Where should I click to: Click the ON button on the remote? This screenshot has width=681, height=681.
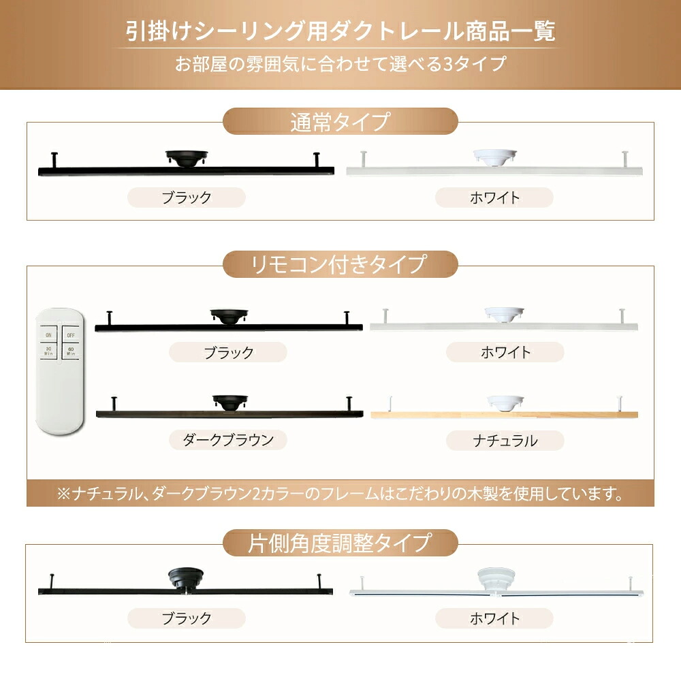click(48, 334)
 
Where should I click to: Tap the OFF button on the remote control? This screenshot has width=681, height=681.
click(71, 334)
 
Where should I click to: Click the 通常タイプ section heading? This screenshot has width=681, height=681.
click(340, 121)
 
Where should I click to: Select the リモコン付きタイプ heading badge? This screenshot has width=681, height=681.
click(340, 264)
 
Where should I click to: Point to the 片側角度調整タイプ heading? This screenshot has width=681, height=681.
click(340, 543)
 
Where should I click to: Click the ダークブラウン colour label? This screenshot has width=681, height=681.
click(228, 440)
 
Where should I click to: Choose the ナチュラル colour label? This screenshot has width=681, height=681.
click(505, 441)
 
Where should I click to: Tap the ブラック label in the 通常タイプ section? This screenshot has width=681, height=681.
click(187, 197)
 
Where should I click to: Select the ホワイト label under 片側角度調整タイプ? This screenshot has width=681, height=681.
click(494, 618)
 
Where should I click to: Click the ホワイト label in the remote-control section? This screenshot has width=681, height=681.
click(505, 352)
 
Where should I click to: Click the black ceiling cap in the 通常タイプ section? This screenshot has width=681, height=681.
click(187, 158)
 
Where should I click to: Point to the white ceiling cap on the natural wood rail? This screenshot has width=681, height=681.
click(505, 402)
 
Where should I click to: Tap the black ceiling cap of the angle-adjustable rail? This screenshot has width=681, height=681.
click(187, 578)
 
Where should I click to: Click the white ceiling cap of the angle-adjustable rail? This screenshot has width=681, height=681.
click(496, 580)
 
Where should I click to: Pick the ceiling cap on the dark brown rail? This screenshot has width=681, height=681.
click(230, 402)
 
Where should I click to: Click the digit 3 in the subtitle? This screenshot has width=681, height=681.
click(448, 64)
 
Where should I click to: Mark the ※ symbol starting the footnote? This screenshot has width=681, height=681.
click(64, 494)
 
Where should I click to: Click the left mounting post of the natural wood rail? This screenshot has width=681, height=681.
click(391, 405)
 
